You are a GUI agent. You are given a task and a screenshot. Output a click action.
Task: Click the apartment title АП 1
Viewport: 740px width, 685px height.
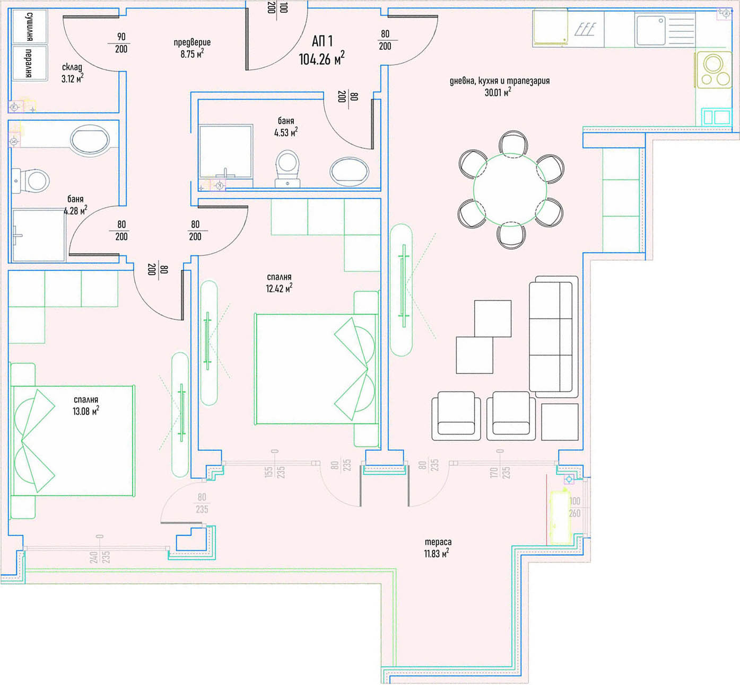coord(323,41)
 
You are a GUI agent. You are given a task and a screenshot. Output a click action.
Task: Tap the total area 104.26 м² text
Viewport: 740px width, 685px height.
coord(321,58)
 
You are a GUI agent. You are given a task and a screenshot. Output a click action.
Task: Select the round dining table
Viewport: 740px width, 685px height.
coord(510,190)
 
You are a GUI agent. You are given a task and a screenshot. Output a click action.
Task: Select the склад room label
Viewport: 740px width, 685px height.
coord(72,67)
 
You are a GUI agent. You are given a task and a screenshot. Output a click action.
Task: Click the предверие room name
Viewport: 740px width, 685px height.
coord(192,42)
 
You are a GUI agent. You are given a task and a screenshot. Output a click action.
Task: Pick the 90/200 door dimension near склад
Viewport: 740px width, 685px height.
coord(121,43)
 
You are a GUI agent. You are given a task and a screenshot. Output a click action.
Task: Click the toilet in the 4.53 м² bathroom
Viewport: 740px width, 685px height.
coord(288,168)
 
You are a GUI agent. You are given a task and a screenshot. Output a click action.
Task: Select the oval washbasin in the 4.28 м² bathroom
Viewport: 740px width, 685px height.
coord(90,141)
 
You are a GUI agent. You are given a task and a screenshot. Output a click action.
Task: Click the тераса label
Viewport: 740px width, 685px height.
coord(438,542)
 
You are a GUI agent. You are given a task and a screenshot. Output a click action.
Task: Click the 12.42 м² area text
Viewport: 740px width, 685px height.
coord(279,289)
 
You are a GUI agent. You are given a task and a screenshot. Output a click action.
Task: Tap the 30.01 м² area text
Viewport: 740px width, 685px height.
coord(498,92)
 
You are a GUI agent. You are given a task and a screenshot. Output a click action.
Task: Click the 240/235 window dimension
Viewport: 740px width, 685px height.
coord(100,557)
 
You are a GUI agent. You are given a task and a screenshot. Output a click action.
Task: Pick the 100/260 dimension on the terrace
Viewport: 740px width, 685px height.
coord(574,507)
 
